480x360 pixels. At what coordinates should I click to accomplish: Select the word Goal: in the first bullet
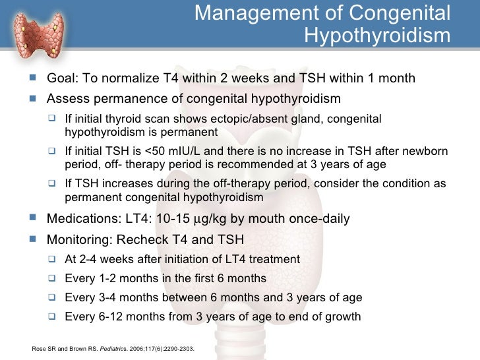click(63, 78)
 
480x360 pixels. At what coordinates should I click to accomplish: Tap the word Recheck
click(140, 239)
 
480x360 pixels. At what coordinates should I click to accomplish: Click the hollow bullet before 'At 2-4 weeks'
click(54, 259)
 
